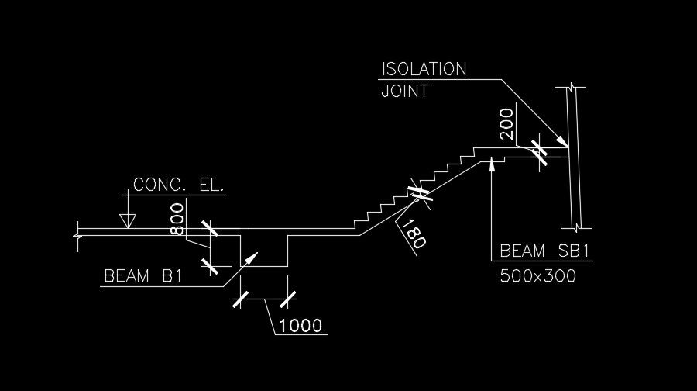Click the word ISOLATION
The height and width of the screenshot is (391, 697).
coord(424,69)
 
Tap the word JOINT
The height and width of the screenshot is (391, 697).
coord(405,91)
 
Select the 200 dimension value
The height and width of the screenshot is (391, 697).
coord(507,123)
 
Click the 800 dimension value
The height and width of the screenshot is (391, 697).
coord(177,219)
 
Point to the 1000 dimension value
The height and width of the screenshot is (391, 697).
coord(300,325)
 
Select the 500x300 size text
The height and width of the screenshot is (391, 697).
coord(538,275)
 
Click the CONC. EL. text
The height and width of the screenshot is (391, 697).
coord(179,185)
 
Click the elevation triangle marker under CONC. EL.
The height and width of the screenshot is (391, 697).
coord(128,220)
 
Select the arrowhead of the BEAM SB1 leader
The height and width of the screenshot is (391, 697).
coord(493,164)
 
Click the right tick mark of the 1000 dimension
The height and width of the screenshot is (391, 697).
coord(288,299)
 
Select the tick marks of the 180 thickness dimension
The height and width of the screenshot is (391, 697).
coord(421,192)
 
